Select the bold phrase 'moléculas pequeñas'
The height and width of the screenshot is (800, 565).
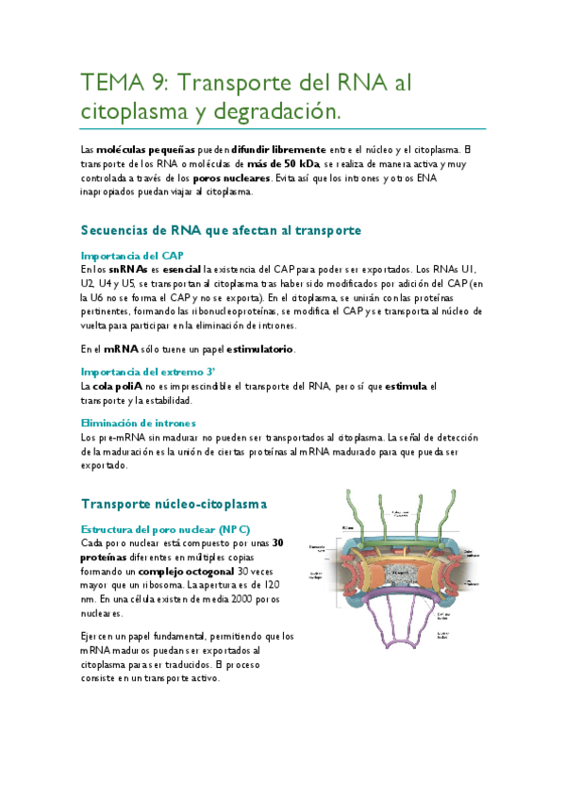[x=139, y=149]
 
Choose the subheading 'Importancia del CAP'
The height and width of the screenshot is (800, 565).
[x=132, y=256]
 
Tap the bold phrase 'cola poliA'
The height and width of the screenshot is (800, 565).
[x=118, y=386]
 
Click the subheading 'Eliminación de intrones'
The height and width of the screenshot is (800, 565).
[x=138, y=424]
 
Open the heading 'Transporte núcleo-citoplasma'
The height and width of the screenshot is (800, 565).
[x=174, y=504]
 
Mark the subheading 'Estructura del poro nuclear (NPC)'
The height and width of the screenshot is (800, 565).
[x=166, y=529]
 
